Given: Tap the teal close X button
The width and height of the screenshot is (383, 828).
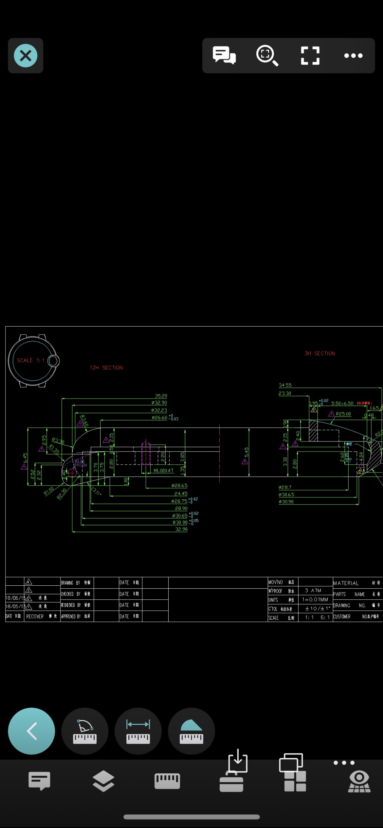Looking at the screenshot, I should pyautogui.click(x=26, y=56).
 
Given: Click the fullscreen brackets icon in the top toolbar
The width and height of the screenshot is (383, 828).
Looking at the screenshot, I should pyautogui.click(x=310, y=56).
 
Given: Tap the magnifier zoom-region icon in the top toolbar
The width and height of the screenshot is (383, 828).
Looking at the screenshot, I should pyautogui.click(x=267, y=56).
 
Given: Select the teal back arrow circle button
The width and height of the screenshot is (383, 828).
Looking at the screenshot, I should pyautogui.click(x=31, y=731).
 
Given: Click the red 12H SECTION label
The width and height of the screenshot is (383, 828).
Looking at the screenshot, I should pyautogui.click(x=106, y=368).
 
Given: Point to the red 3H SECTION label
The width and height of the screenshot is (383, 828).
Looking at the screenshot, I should pyautogui.click(x=319, y=354).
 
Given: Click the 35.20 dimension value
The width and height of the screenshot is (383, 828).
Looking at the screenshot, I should pyautogui.click(x=161, y=396).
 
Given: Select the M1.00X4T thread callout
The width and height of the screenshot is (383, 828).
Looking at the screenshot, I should pyautogui.click(x=164, y=470).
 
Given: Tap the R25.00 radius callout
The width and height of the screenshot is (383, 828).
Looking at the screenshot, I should pyautogui.click(x=343, y=414).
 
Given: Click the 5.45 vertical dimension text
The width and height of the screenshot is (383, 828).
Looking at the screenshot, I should pyautogui.click(x=246, y=452).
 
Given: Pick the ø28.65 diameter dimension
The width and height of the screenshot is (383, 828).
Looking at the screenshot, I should pyautogui.click(x=179, y=486).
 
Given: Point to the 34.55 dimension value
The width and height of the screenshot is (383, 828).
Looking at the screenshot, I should pyautogui.click(x=285, y=385).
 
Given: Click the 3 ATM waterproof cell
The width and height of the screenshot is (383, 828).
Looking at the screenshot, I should pyautogui.click(x=313, y=590).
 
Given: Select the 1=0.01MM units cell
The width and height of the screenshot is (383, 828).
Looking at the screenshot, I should pyautogui.click(x=315, y=599).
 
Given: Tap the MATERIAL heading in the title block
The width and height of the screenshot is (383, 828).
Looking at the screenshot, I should pyautogui.click(x=346, y=583).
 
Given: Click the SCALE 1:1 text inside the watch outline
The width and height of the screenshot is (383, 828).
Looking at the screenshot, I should pyautogui.click(x=30, y=360).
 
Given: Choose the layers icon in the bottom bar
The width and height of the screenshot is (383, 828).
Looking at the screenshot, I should pyautogui.click(x=103, y=781).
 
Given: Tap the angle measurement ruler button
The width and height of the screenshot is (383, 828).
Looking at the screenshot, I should pyautogui.click(x=85, y=731).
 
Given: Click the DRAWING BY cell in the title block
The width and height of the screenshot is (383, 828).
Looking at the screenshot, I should pyautogui.click(x=75, y=582).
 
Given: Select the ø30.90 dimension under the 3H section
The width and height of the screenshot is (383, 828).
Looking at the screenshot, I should pyautogui.click(x=286, y=502).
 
